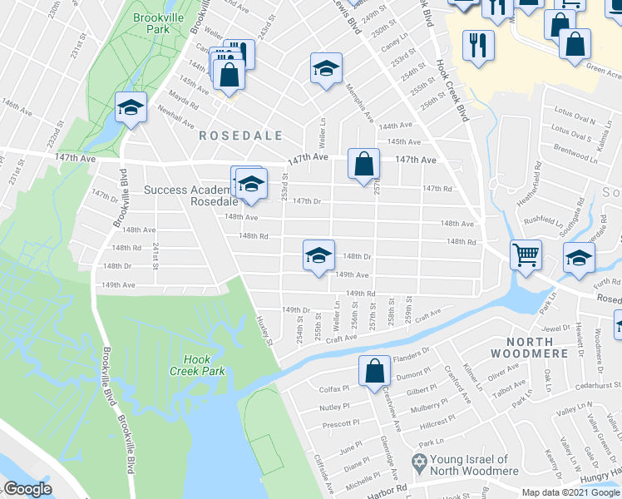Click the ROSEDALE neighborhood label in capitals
click(x=240, y=135)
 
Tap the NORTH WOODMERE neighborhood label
click(x=532, y=348)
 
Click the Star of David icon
click(x=420, y=460)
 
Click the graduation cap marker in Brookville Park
click(x=131, y=106)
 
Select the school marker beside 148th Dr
click(x=318, y=255)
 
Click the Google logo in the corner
click(x=27, y=489)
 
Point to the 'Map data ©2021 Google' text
click(x=570, y=492)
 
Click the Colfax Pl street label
click(x=336, y=388)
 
